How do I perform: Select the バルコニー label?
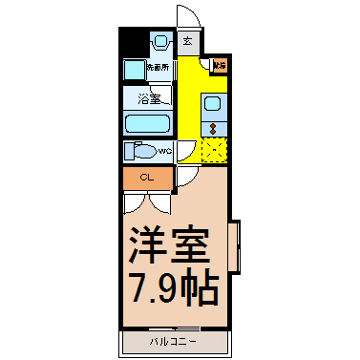pos(173,341)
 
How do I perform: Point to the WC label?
pos(163,151)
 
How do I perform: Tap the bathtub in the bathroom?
pos(147,123)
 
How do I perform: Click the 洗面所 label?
pos(158,69)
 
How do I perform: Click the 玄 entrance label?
pos(188,41)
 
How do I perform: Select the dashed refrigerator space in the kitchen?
pos(214,149)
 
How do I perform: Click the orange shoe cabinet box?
pos(220,66)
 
